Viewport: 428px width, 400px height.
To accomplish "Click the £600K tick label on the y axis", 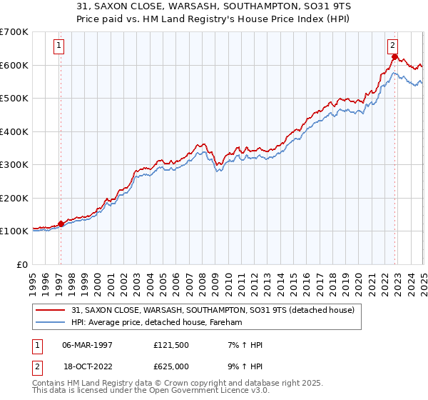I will (x=14, y=65).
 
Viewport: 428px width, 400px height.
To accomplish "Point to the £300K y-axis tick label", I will (x=14, y=164).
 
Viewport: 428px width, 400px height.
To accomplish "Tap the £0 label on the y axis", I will (x=23, y=264).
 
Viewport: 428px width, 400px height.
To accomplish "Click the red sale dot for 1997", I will (x=61, y=224).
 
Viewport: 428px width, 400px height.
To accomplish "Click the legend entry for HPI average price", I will (x=156, y=322).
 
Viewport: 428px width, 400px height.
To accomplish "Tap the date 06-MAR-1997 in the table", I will (x=88, y=345).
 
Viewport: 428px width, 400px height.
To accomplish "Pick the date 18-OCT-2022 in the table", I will (x=88, y=365).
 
